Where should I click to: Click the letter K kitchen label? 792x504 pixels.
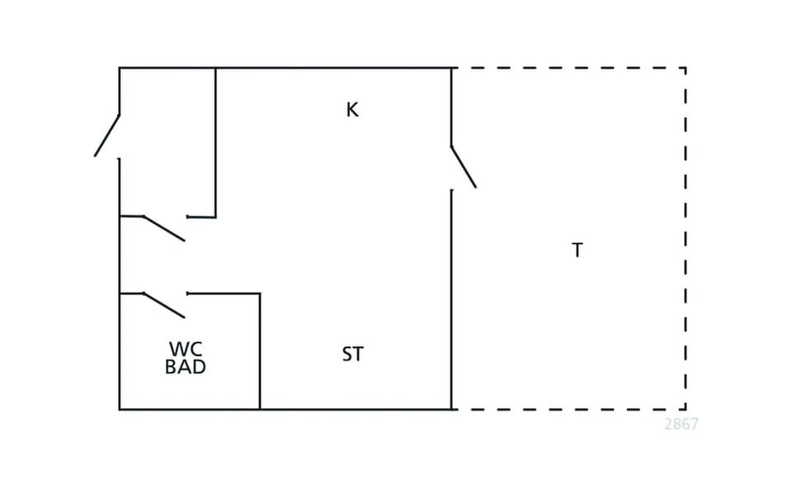click(x=352, y=110)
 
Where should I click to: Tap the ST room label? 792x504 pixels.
click(x=352, y=354)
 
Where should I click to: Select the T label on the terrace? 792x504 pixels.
click(x=577, y=250)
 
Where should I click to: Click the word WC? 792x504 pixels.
click(x=186, y=349)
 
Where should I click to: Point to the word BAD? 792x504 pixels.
click(x=186, y=366)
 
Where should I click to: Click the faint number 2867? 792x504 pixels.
click(x=681, y=424)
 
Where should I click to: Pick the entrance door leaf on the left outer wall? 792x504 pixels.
click(x=107, y=135)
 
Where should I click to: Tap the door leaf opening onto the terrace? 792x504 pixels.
click(x=464, y=167)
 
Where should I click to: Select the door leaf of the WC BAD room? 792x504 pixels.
click(x=164, y=305)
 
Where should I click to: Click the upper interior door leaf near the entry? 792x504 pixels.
click(x=164, y=228)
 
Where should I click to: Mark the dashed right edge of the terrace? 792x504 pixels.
click(x=686, y=238)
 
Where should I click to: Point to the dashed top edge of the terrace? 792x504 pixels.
click(x=568, y=68)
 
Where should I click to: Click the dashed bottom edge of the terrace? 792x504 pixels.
click(x=568, y=409)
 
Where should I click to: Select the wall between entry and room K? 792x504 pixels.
click(x=215, y=143)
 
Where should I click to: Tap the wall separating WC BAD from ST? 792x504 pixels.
click(x=260, y=351)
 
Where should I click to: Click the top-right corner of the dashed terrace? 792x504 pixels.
click(x=686, y=68)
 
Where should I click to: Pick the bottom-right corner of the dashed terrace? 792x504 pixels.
click(x=686, y=409)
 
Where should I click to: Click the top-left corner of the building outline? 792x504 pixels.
click(x=120, y=68)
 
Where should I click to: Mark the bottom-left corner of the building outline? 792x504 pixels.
click(x=120, y=409)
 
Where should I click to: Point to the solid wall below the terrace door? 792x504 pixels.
click(x=451, y=299)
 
